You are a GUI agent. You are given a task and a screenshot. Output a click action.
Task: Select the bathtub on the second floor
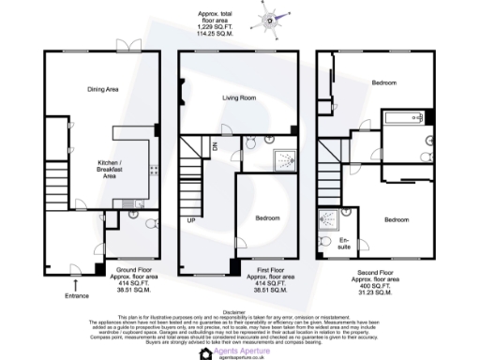point(406,119)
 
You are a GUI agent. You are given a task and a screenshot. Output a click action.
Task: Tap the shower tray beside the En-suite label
point(330,220)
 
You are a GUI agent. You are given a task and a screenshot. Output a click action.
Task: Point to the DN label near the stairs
point(215,148)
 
